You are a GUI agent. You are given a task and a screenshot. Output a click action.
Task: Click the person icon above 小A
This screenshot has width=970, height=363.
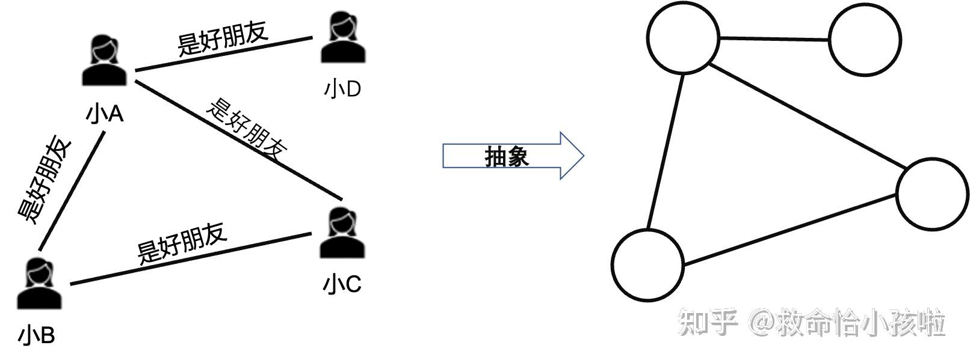(105, 60)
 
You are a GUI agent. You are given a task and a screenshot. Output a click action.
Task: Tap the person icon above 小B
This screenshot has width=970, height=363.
(39, 284)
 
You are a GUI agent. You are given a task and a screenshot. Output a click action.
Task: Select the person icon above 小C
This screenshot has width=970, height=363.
(342, 233)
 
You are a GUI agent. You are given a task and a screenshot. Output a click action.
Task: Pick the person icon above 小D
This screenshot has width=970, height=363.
(343, 37)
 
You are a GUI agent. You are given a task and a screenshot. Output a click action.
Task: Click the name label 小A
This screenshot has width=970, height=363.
(105, 113)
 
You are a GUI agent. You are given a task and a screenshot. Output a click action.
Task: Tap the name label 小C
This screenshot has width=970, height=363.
(342, 284)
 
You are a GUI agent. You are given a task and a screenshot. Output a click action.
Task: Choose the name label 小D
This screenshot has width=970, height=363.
(342, 89)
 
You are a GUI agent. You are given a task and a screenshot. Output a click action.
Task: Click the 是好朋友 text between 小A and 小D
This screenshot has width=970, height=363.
(223, 38)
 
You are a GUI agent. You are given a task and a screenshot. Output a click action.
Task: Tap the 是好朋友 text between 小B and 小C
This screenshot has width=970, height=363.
(182, 243)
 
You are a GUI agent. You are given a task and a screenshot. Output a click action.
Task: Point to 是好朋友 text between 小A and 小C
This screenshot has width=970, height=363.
(247, 129)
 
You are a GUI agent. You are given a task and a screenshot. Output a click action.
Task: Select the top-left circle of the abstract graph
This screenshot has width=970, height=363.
(683, 37)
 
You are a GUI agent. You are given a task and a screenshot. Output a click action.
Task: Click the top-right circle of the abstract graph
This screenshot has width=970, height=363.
(865, 40)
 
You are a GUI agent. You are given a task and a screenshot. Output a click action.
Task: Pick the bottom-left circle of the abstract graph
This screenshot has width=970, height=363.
(647, 264)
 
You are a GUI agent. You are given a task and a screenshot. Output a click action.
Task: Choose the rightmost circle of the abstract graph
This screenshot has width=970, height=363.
(932, 193)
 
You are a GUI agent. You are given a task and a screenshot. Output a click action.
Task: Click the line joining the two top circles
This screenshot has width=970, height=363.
(774, 39)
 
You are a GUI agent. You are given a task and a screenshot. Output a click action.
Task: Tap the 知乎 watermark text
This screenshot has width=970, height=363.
(708, 323)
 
